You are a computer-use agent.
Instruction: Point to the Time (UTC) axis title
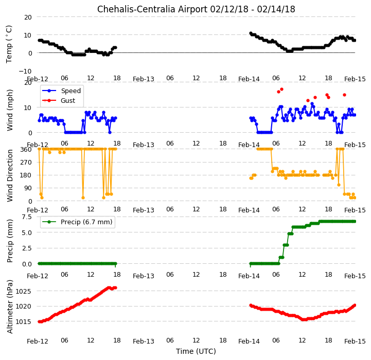(x=196, y=351)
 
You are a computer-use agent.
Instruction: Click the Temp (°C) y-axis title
(x=9, y=44)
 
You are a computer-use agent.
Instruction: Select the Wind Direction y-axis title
(x=10, y=175)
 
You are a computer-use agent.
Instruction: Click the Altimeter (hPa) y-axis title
(x=10, y=307)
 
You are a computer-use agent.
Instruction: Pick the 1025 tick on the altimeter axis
(x=23, y=291)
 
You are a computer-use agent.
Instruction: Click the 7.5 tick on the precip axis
(x=27, y=217)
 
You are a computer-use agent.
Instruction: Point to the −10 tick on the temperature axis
(x=25, y=71)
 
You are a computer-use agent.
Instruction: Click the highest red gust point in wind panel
(x=281, y=89)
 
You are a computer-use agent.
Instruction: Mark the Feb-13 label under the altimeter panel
(x=144, y=341)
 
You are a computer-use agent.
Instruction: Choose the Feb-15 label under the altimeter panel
(x=355, y=341)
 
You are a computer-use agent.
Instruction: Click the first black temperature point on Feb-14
(x=251, y=33)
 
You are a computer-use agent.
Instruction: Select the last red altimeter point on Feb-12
(x=115, y=288)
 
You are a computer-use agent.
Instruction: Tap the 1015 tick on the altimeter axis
(x=23, y=321)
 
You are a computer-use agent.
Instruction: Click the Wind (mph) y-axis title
(x=10, y=110)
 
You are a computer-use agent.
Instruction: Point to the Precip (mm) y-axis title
(x=10, y=241)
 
